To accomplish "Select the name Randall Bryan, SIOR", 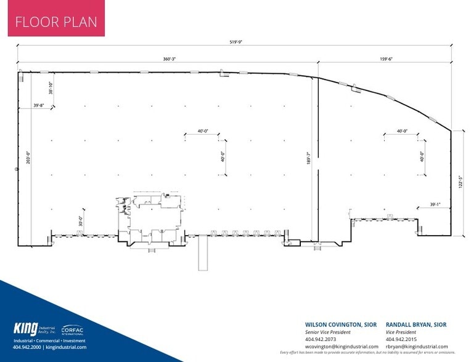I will click(416, 324).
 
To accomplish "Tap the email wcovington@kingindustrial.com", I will click(342, 346).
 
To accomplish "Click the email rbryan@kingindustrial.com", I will click(416, 346).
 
